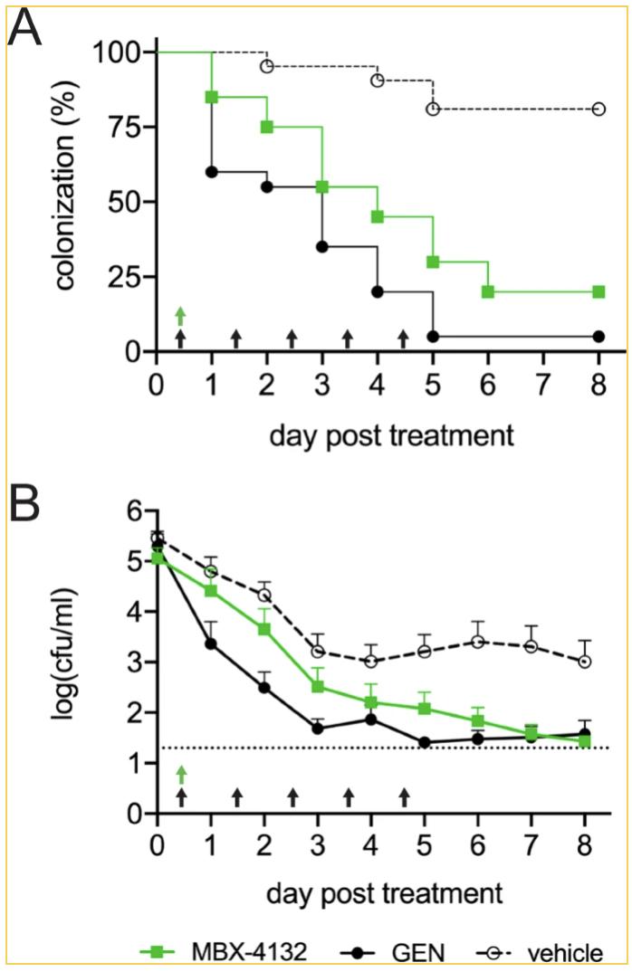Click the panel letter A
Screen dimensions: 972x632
coord(27,33)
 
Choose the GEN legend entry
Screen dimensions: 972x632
coord(394,951)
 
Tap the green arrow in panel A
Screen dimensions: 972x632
coord(180,315)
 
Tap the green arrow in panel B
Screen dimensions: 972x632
coord(180,773)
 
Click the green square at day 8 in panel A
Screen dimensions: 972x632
coord(598,291)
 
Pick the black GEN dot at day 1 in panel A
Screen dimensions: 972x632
coord(212,172)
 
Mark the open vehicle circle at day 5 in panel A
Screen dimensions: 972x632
coord(433,109)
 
